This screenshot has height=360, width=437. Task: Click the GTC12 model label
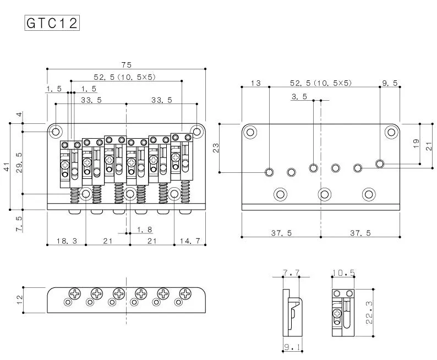(x=52, y=23)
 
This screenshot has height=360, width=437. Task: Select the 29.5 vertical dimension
(x=19, y=163)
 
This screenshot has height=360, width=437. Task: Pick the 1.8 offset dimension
(x=144, y=228)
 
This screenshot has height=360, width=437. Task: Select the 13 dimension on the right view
(x=255, y=83)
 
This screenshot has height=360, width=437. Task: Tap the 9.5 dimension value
(x=389, y=83)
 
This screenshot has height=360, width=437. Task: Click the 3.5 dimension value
(x=299, y=97)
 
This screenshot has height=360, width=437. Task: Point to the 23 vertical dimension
(x=216, y=148)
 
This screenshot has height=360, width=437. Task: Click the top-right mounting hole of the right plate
(x=391, y=132)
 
